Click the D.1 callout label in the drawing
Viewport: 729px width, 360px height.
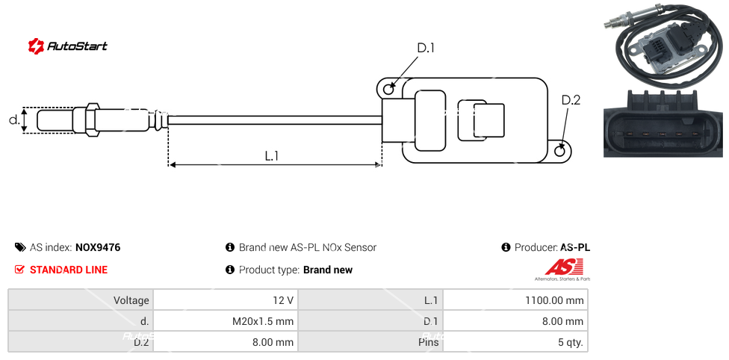tap(426, 48)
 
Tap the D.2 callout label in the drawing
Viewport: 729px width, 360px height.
tap(571, 100)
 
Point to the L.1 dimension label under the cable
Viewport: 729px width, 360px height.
tap(272, 155)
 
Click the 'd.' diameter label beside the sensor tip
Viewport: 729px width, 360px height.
tap(13, 120)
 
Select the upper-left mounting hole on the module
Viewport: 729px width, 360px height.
tap(388, 90)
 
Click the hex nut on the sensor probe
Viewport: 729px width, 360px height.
tap(93, 120)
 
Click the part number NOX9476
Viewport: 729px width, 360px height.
tap(98, 247)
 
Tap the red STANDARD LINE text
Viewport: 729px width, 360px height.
tap(69, 270)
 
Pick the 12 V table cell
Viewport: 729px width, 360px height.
tap(225, 300)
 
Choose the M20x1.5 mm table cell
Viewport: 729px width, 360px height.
tap(225, 322)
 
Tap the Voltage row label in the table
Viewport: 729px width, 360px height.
tap(81, 300)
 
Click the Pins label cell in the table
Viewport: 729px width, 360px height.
tap(370, 343)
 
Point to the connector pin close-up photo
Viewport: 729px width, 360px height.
tap(663, 122)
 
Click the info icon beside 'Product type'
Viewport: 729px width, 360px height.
tap(230, 270)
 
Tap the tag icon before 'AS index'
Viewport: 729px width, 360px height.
tap(20, 247)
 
